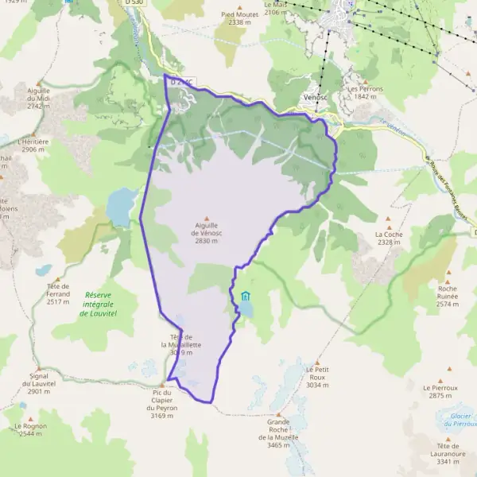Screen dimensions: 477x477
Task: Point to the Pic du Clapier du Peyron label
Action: coord(161,403)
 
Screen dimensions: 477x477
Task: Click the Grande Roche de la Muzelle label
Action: coord(278,433)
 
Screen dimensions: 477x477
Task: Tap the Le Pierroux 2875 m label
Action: coord(440,391)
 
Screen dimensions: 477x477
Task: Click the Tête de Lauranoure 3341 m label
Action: coord(448,453)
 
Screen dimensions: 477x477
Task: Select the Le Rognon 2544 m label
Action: coord(28,429)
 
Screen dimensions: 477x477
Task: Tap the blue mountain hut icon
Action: coord(245,297)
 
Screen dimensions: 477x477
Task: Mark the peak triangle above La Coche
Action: coord(390,219)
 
